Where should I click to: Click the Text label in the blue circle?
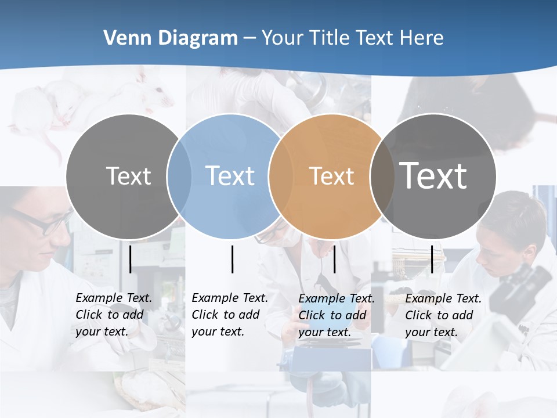click(230, 176)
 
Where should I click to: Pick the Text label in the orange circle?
click(331, 176)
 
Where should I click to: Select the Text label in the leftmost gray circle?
click(129, 176)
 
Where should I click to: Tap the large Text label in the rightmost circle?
click(433, 176)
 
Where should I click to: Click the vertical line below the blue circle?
click(232, 259)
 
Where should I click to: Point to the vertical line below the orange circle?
click(334, 259)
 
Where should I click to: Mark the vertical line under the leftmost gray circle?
click(131, 259)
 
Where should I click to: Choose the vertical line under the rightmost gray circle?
click(432, 259)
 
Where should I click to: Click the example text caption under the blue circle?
click(230, 315)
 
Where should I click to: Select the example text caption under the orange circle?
click(337, 315)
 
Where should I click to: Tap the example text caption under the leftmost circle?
click(114, 315)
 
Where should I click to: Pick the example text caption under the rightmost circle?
click(443, 315)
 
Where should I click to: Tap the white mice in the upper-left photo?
click(64, 99)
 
